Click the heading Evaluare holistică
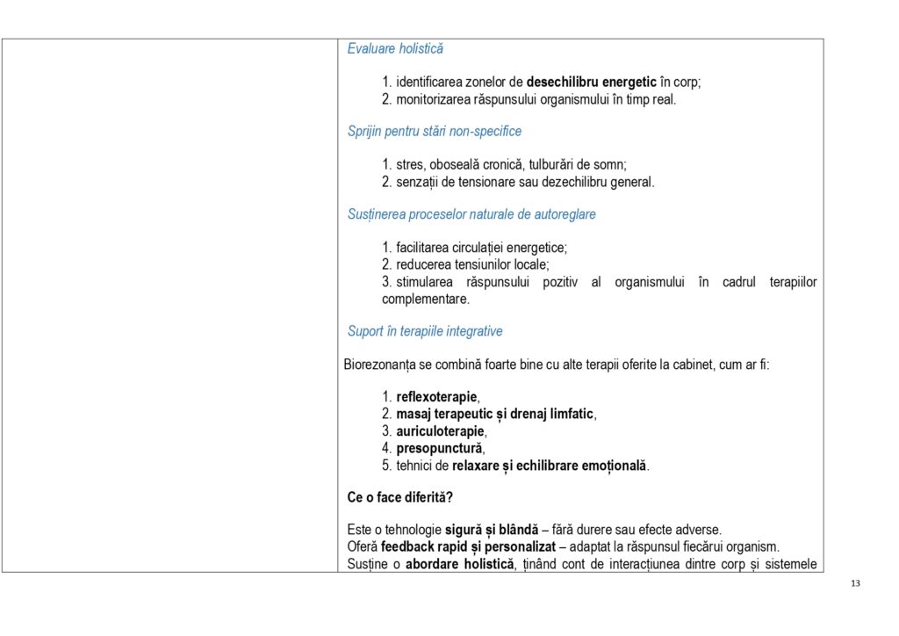[395, 49]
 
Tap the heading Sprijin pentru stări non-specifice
[434, 132]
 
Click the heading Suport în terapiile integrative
[425, 332]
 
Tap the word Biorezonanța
[378, 364]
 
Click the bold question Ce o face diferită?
[399, 497]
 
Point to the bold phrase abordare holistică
[458, 563]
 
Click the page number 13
[857, 584]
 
